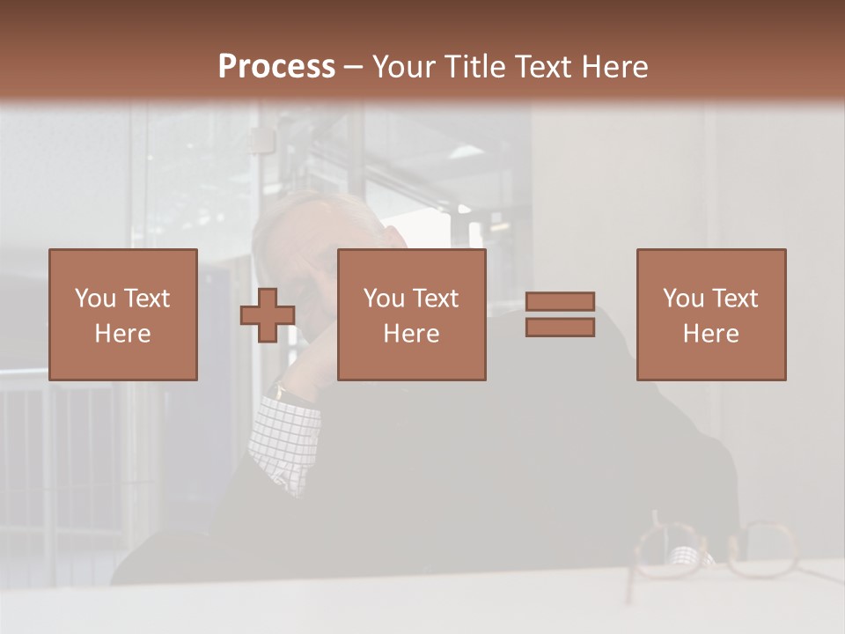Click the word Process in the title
pyautogui.click(x=276, y=67)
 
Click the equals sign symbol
pyautogui.click(x=560, y=314)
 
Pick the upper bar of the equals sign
pyautogui.click(x=560, y=301)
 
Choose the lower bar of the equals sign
pyautogui.click(x=560, y=328)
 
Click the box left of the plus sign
pyautogui.click(x=122, y=314)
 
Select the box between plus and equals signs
pyautogui.click(x=411, y=314)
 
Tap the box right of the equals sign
pyautogui.click(x=710, y=314)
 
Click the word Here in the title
pyautogui.click(x=614, y=67)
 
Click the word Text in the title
pyautogui.click(x=543, y=67)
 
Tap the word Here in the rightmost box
pyautogui.click(x=710, y=334)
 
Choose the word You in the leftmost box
pyautogui.click(x=95, y=299)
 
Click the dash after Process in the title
pyautogui.click(x=353, y=67)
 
